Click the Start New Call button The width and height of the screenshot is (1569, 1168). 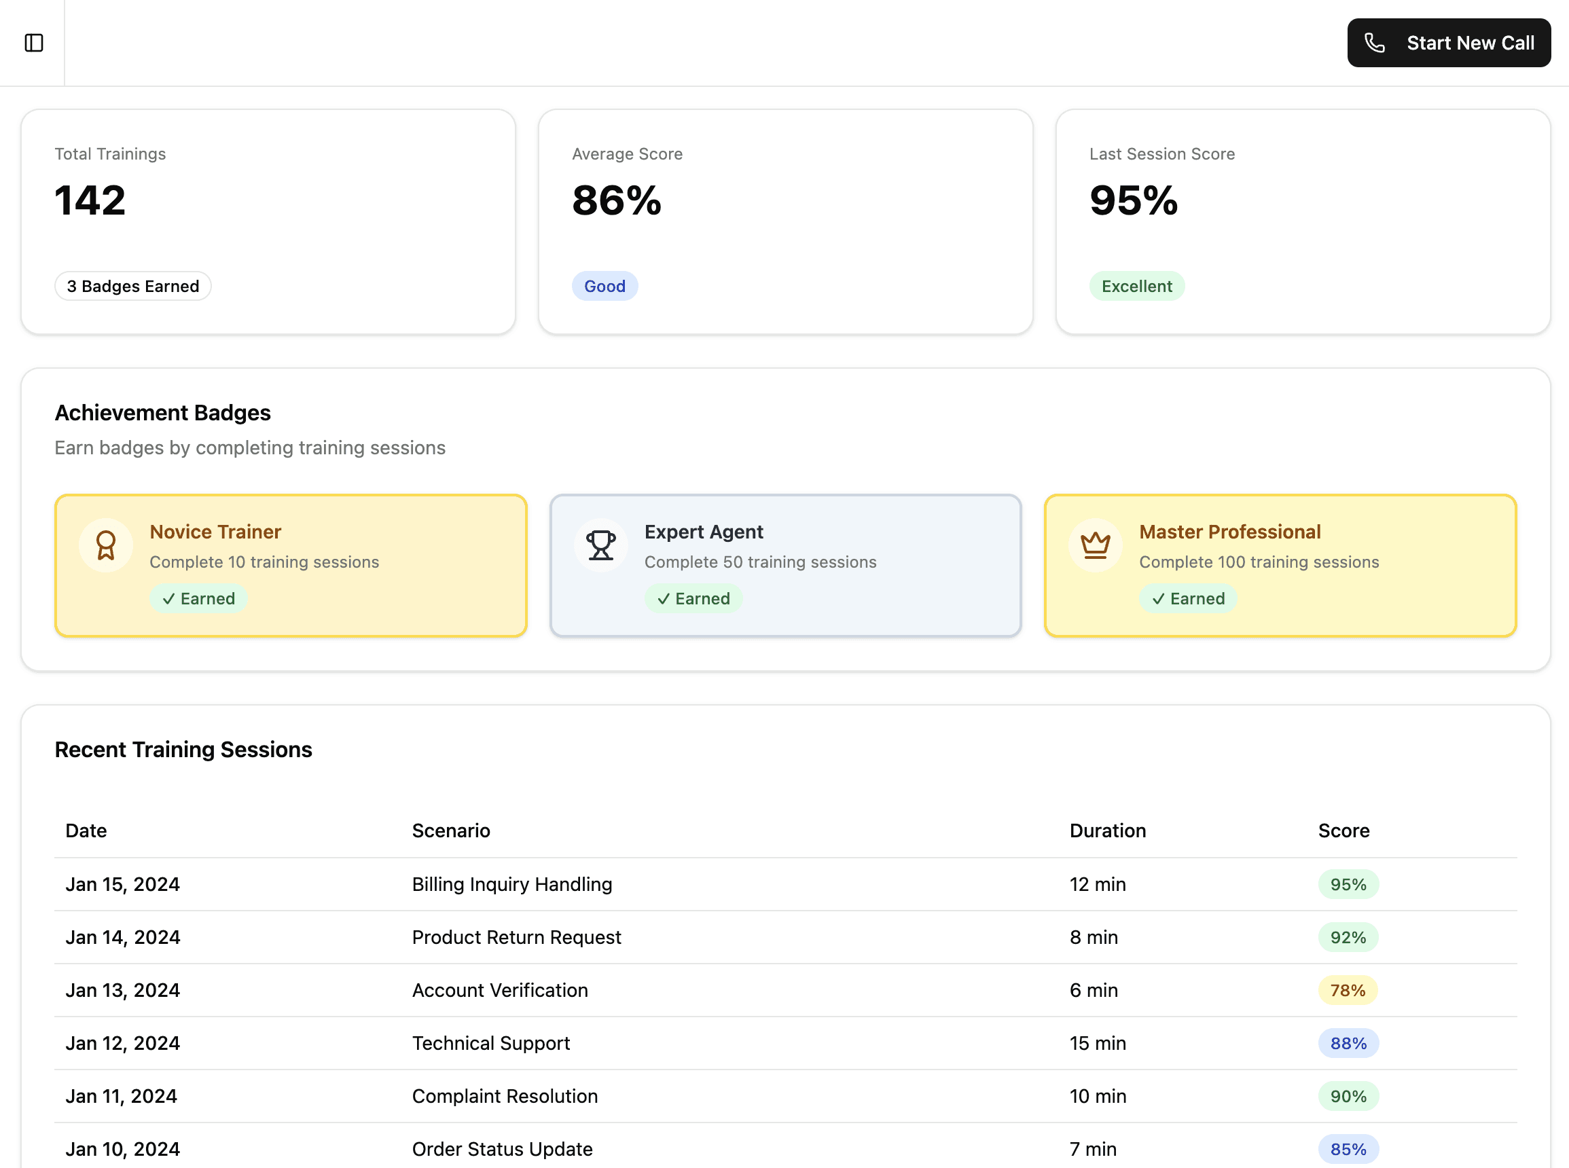1449,43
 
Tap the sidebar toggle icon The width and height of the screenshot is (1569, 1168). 34,43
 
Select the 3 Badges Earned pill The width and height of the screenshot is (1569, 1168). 133,287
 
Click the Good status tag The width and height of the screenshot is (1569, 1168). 605,287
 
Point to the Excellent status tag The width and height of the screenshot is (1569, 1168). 1137,287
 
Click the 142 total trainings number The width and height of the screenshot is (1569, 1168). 90,200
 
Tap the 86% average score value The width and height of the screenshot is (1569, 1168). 617,200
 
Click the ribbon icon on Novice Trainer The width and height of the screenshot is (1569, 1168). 106,546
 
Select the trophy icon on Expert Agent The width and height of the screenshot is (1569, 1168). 601,546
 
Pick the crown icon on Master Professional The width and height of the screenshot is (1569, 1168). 1096,546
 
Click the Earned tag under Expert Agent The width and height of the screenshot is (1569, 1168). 693,599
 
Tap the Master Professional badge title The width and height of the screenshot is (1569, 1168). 1230,532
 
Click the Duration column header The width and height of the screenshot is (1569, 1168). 1108,831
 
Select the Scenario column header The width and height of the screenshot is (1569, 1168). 451,831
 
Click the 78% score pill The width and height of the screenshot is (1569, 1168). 1348,991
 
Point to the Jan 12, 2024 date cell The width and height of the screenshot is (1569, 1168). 123,1044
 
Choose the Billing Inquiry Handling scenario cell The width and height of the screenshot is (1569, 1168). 513,884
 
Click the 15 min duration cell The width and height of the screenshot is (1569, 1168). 1098,1044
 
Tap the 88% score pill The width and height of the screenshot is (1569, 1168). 1348,1044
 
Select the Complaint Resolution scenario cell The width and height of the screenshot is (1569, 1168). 505,1097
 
